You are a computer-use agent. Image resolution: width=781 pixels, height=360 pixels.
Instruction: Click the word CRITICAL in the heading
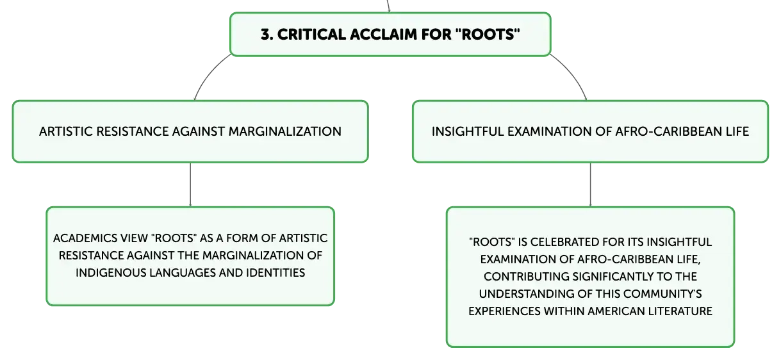tap(312, 35)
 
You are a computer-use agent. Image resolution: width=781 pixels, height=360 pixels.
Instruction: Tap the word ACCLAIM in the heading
tap(384, 35)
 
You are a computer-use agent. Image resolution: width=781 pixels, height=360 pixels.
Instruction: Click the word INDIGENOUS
tap(111, 273)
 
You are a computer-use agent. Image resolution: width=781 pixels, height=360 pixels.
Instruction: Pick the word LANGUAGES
tap(183, 273)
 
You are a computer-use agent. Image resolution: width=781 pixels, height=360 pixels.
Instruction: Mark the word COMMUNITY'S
tap(662, 294)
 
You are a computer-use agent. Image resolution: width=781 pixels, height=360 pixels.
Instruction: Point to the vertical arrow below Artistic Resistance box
tap(190, 184)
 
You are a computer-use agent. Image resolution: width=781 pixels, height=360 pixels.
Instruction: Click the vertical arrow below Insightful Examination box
tap(590, 184)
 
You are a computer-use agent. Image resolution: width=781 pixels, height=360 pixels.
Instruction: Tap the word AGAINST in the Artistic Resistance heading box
tap(199, 132)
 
